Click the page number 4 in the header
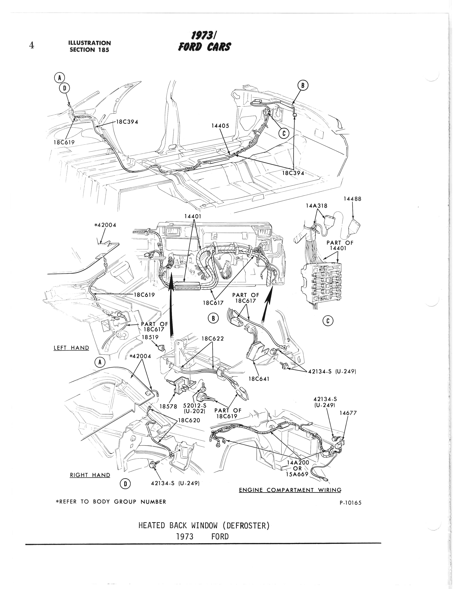[31, 45]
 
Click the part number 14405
[220, 126]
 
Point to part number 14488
[352, 199]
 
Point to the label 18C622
[213, 339]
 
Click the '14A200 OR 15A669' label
[298, 468]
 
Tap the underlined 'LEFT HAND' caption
[71, 348]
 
